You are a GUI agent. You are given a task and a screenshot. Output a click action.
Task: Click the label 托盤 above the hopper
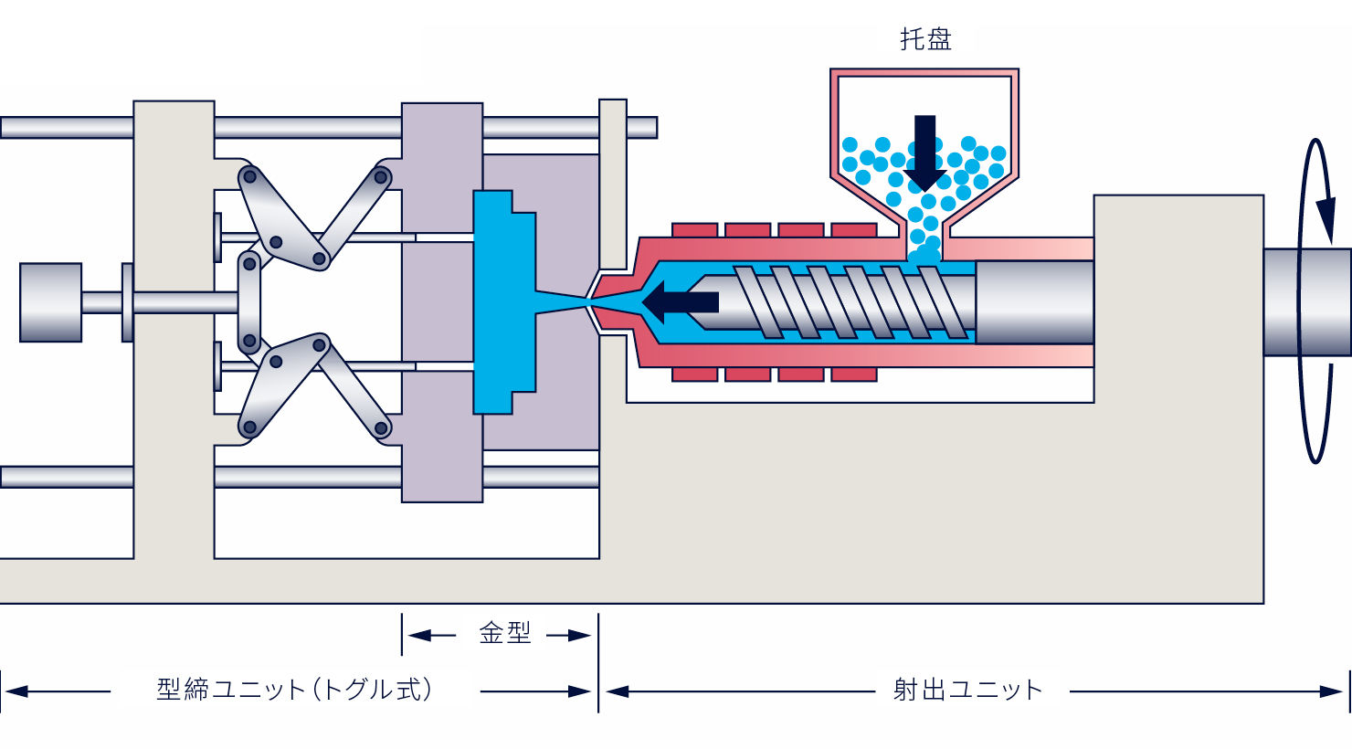click(x=925, y=39)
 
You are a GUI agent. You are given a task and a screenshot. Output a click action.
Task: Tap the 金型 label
click(x=504, y=634)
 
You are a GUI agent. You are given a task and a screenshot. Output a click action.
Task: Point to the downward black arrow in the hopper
click(x=924, y=153)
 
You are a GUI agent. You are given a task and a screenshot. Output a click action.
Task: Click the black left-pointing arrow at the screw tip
click(x=680, y=301)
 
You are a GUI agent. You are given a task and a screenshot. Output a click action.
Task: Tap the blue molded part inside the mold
click(x=504, y=301)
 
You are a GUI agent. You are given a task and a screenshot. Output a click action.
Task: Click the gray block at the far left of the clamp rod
click(x=51, y=302)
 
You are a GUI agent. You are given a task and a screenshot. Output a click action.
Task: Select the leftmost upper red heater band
click(x=694, y=230)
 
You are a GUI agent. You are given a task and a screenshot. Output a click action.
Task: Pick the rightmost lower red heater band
click(x=854, y=374)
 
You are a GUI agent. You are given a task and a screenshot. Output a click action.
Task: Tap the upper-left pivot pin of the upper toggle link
click(x=249, y=177)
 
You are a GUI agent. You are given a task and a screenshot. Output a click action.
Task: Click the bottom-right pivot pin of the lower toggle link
click(x=381, y=427)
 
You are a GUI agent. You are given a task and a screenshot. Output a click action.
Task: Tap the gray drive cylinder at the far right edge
click(x=1307, y=301)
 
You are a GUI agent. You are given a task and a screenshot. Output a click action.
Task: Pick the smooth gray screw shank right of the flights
click(x=1034, y=301)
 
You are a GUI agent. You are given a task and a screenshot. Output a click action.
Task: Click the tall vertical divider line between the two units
click(x=598, y=663)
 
